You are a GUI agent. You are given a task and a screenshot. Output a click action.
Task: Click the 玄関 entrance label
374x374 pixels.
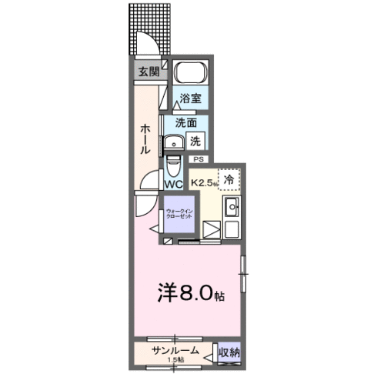click(x=149, y=72)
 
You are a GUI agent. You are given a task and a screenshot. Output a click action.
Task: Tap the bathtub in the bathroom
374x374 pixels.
click(x=189, y=75)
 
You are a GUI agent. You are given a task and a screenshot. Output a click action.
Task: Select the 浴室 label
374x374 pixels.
click(x=191, y=99)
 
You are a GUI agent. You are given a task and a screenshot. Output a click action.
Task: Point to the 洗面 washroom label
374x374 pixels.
click(x=185, y=123)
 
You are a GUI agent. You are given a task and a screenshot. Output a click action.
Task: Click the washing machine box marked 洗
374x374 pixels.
click(x=196, y=142)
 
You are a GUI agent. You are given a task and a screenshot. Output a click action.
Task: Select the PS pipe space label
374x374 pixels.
click(x=199, y=159)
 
